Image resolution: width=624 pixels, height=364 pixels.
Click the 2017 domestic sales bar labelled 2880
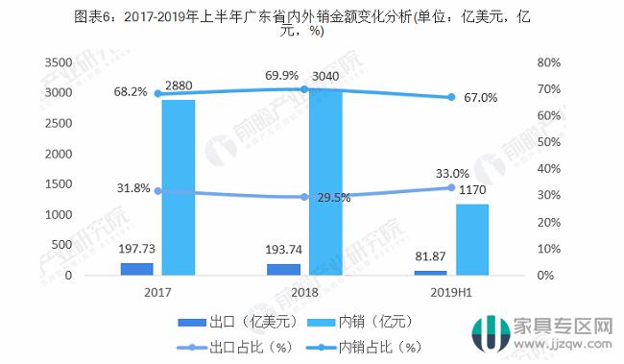point(178,187)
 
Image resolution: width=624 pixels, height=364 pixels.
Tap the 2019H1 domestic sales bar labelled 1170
point(471,239)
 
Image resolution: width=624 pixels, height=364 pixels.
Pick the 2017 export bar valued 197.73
point(137,269)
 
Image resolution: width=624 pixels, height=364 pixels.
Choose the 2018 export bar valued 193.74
point(283,269)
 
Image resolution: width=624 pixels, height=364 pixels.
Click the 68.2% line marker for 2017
point(157,93)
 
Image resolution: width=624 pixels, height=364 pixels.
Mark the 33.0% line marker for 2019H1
point(450,187)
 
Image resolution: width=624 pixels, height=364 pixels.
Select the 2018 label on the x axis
point(304,292)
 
